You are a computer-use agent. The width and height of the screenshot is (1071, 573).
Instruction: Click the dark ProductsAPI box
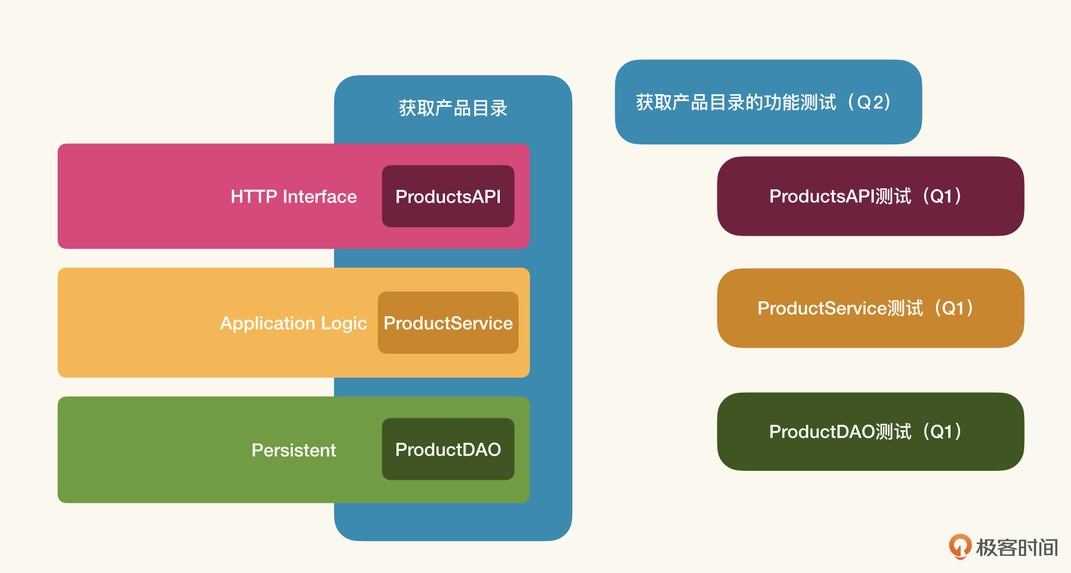point(448,196)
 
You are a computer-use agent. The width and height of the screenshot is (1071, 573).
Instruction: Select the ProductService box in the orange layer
point(448,323)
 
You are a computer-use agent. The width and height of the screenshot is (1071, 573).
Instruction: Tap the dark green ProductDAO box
point(448,449)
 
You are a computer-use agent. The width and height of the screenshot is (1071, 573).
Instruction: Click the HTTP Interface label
point(294,197)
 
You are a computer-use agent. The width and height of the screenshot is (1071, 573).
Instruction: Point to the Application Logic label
point(294,324)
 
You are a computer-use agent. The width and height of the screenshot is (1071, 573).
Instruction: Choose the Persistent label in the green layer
point(294,450)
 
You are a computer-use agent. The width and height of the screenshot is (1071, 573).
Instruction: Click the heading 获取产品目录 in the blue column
point(453,108)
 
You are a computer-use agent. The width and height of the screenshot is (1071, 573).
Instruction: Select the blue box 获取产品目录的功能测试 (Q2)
point(768,102)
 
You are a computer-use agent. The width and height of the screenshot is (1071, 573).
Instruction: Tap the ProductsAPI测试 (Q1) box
point(871,196)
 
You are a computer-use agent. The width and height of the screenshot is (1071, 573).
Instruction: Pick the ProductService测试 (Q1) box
point(871,308)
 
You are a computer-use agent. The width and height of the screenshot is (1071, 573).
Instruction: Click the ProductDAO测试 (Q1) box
point(871,431)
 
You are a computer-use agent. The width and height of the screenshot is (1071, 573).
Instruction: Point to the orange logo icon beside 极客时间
point(960,546)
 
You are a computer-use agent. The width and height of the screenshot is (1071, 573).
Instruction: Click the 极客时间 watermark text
point(1017,547)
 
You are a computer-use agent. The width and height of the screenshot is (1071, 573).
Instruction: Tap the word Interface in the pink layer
point(320,197)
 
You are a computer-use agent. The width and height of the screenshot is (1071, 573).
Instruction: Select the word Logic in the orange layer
point(344,324)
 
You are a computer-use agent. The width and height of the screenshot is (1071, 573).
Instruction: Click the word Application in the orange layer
point(268,324)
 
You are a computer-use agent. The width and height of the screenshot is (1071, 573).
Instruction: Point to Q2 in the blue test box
point(873,102)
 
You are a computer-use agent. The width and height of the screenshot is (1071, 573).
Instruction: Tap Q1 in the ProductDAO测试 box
point(942,431)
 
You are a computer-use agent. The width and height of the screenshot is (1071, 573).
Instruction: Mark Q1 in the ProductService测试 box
point(953,308)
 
